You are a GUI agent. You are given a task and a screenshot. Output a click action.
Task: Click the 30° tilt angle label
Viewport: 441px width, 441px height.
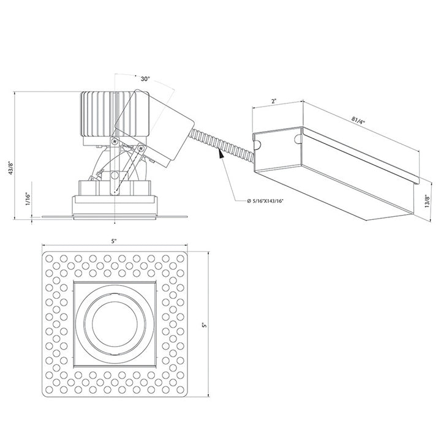[x=145, y=79]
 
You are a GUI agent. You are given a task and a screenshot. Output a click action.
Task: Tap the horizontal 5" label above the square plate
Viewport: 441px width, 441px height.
[x=114, y=241]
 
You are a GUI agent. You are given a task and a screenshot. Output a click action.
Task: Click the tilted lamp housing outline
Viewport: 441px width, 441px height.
[x=153, y=129]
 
